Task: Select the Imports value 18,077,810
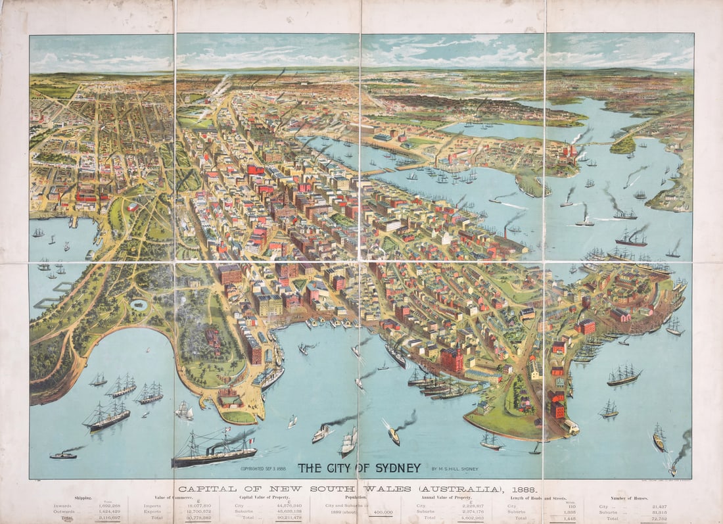[x=185, y=506]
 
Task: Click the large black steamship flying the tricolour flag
[x=215, y=452]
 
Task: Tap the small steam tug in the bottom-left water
[x=63, y=454]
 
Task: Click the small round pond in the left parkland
[x=139, y=304]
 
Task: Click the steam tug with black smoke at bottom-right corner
[x=673, y=469]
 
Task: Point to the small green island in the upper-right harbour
[x=622, y=145]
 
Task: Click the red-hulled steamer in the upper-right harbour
[x=631, y=241]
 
